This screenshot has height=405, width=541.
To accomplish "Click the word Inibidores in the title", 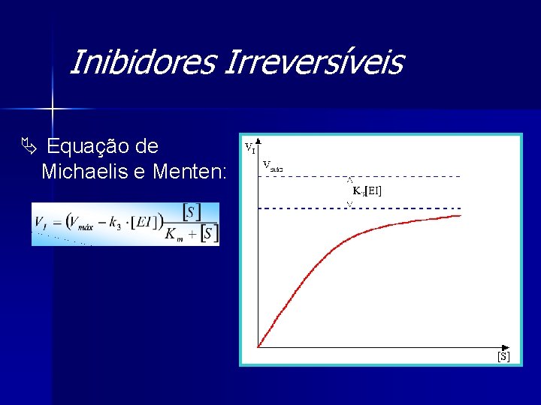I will (x=141, y=63).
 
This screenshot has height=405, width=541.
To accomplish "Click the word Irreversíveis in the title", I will (x=313, y=63).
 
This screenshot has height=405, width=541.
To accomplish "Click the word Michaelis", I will (x=85, y=172).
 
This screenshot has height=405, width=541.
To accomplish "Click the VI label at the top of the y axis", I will (x=249, y=147).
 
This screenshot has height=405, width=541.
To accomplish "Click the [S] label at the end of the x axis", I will (x=503, y=356).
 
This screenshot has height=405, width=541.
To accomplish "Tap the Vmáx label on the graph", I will (x=272, y=166).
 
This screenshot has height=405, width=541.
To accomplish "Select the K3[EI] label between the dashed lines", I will (x=367, y=191).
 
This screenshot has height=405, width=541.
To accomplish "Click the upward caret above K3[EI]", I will (x=349, y=180).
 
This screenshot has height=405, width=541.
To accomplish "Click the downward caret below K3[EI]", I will (x=349, y=203).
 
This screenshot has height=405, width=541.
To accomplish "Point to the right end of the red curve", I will (x=460, y=216).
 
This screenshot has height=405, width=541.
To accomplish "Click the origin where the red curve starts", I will (x=258, y=346).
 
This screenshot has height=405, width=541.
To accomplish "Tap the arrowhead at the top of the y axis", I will (x=258, y=140).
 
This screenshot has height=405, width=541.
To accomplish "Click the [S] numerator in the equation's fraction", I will (x=192, y=211).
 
